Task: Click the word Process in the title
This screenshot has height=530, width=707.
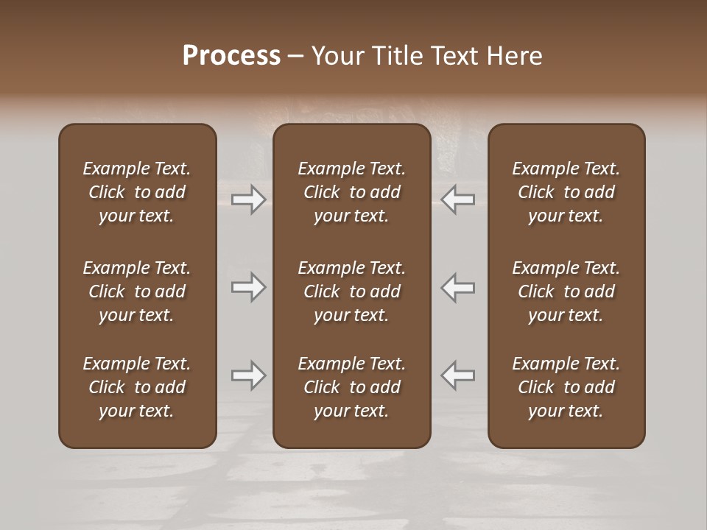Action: pos(231,56)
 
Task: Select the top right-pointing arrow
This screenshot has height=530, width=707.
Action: pos(248,199)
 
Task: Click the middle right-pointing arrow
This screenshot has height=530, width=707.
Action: pos(248,287)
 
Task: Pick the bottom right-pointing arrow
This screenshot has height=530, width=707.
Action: pos(248,375)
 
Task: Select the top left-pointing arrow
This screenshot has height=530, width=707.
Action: pos(458,199)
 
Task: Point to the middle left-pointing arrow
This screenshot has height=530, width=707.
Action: pos(458,287)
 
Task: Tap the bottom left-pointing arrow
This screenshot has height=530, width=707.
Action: pos(458,375)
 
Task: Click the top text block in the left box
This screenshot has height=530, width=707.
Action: pos(137,192)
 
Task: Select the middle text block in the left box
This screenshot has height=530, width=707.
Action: pos(137,291)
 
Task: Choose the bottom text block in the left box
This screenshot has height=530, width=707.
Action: pos(137,387)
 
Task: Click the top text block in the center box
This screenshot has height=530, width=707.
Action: pos(352,192)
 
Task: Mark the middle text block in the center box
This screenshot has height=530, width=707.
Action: pos(352,291)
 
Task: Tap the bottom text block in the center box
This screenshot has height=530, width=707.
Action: pos(352,387)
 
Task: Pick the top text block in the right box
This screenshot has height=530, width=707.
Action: pos(566,192)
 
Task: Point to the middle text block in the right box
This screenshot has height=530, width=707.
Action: pos(566,291)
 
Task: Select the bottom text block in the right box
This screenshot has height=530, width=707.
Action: pos(566,387)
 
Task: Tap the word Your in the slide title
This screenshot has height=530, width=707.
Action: pos(335,56)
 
